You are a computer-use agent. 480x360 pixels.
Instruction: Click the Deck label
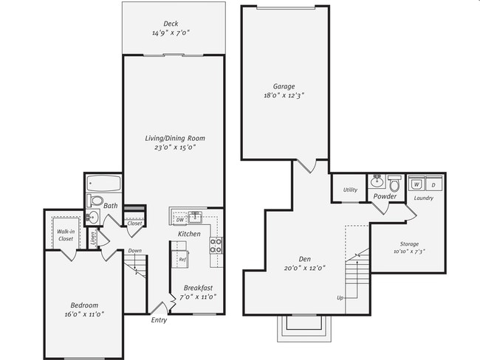pyautogui.click(x=171, y=24)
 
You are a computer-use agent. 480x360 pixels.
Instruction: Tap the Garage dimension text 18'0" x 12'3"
pyautogui.click(x=284, y=96)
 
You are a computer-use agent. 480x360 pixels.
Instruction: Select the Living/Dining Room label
pyautogui.click(x=174, y=138)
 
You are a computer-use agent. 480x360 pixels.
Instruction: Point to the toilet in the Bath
pyautogui.click(x=96, y=201)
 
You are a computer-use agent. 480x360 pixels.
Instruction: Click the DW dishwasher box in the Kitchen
pyautogui.click(x=180, y=220)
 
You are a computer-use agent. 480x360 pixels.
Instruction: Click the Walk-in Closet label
pyautogui.click(x=65, y=235)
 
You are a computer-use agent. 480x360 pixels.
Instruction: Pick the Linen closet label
pyautogui.click(x=93, y=237)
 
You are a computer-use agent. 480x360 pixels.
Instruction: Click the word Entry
pyautogui.click(x=159, y=320)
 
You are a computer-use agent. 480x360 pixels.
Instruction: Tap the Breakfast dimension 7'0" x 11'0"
pyautogui.click(x=198, y=297)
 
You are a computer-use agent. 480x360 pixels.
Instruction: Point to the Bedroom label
pyautogui.click(x=84, y=305)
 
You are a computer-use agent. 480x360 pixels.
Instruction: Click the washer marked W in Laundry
pyautogui.click(x=416, y=184)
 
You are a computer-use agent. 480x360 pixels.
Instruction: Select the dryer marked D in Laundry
pyautogui.click(x=433, y=184)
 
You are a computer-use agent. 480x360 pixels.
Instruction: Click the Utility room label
pyautogui.click(x=350, y=190)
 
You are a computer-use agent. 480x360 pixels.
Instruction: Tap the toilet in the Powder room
pyautogui.click(x=394, y=182)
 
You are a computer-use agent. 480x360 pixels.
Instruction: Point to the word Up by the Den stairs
pyautogui.click(x=340, y=298)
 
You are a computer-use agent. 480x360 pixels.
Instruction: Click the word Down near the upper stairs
pyautogui.click(x=134, y=251)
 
